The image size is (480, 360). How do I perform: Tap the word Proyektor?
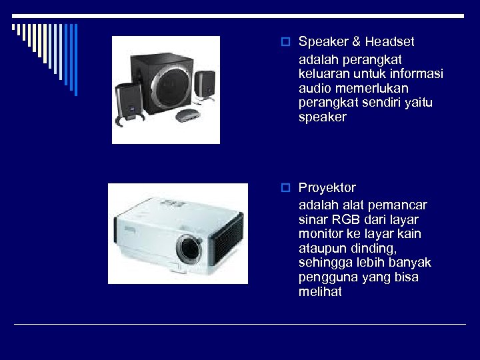[327, 188]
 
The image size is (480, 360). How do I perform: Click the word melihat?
[320, 292]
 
